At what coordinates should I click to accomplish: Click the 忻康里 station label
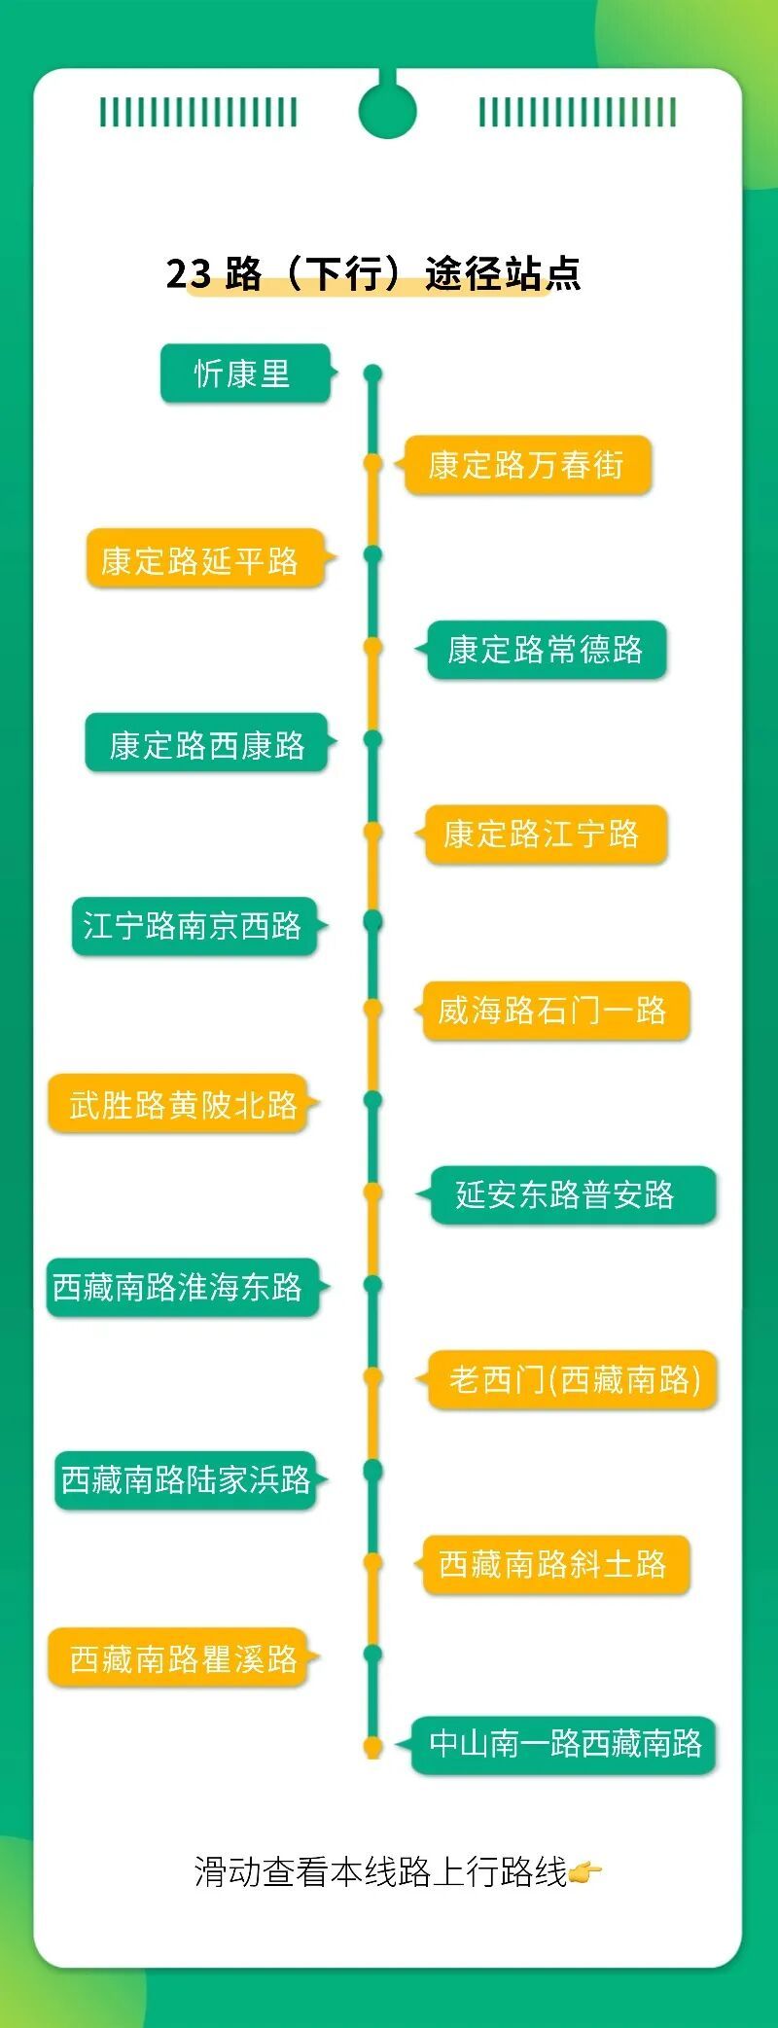[x=244, y=374]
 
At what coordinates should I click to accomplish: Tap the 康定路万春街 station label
[x=526, y=465]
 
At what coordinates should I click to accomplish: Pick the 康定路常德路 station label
[x=546, y=650]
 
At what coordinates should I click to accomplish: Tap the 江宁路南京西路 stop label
[x=194, y=925]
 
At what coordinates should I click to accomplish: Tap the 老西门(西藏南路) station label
[x=573, y=1379]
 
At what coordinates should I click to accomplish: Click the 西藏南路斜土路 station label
[x=554, y=1564]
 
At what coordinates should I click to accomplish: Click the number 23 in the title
[x=189, y=273]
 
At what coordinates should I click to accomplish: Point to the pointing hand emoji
[x=584, y=1871]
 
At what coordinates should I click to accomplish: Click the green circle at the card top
[x=387, y=110]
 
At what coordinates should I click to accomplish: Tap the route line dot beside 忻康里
[x=372, y=374]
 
